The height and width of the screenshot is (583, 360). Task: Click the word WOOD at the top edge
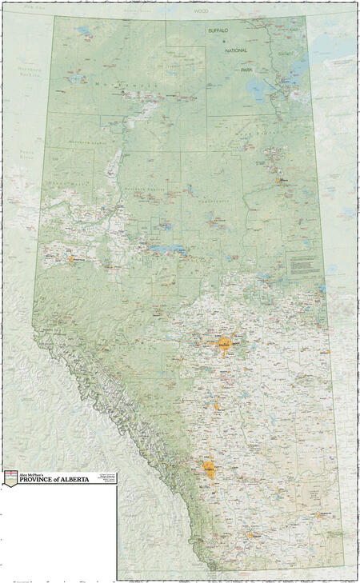point(200,13)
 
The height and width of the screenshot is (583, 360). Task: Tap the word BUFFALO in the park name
point(218,30)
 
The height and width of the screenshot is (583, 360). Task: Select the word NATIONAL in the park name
point(236,50)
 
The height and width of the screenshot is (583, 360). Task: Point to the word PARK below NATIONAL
point(247,70)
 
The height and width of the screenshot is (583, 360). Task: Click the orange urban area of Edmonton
point(225,345)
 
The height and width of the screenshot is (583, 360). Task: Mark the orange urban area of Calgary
point(210,469)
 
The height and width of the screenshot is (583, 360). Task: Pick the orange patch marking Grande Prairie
point(71,258)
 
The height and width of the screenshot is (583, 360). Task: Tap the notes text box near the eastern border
point(304,266)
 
